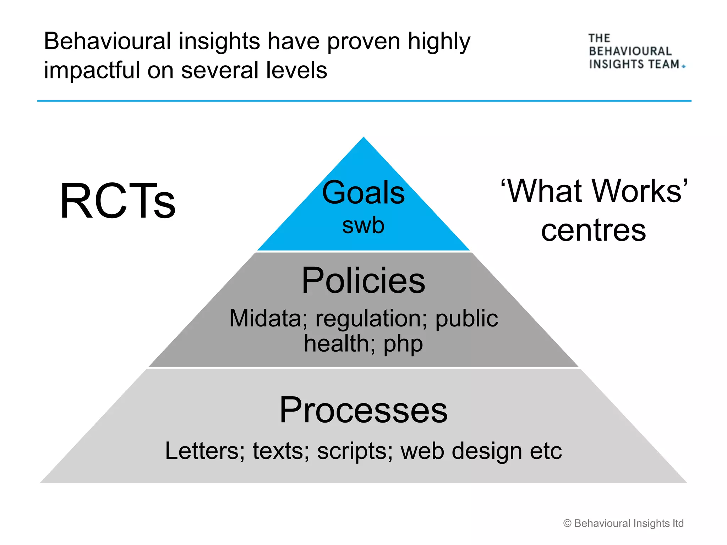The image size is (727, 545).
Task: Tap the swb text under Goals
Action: coord(363,226)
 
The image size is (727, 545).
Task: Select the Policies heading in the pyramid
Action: coord(363,281)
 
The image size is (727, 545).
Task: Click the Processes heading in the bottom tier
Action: coord(363,410)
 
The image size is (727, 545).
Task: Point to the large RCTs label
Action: coord(117,201)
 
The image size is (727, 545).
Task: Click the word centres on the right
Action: coord(593,231)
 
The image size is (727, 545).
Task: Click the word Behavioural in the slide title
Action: coord(108,41)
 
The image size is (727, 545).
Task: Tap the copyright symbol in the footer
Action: coord(567,523)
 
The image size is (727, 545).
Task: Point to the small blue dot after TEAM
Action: coord(684,66)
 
